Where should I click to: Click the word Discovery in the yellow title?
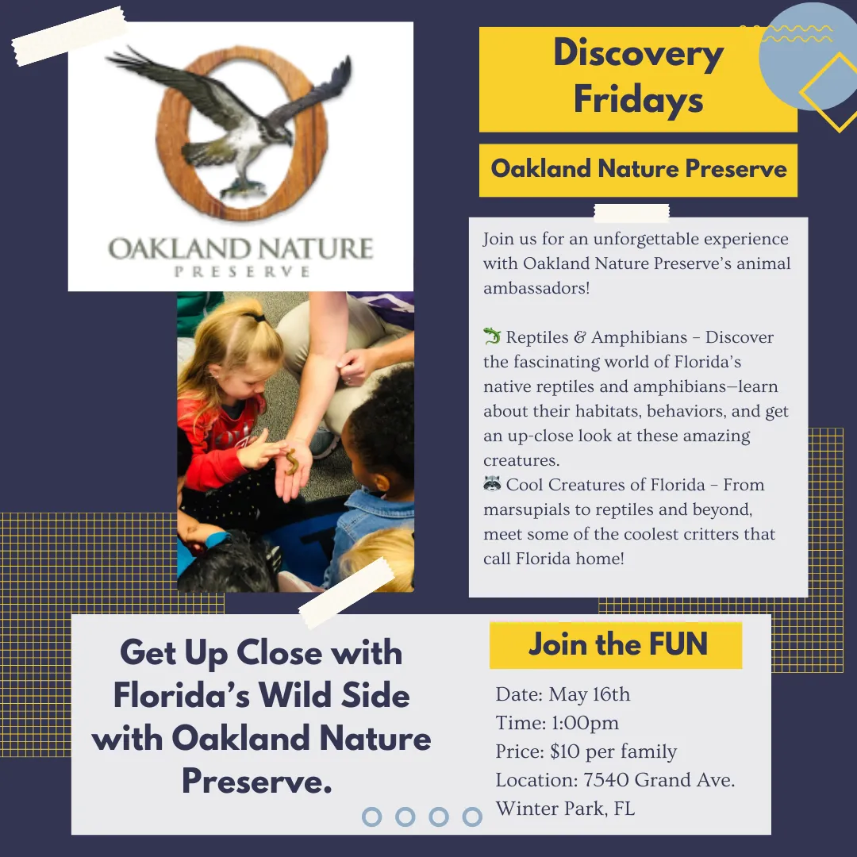(x=638, y=55)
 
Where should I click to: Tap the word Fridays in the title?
(x=638, y=99)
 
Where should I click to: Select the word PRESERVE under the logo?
(x=241, y=271)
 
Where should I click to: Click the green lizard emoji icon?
(x=492, y=336)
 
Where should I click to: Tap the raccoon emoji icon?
(x=492, y=483)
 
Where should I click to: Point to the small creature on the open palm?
(x=291, y=462)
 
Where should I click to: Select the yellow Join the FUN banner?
(x=616, y=645)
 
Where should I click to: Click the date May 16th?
(x=589, y=694)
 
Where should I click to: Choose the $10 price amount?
(x=565, y=751)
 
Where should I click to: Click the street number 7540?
(x=607, y=780)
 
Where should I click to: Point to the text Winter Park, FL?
(x=565, y=809)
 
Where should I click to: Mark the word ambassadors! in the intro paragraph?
(x=536, y=288)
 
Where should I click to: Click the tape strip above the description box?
(x=632, y=213)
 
